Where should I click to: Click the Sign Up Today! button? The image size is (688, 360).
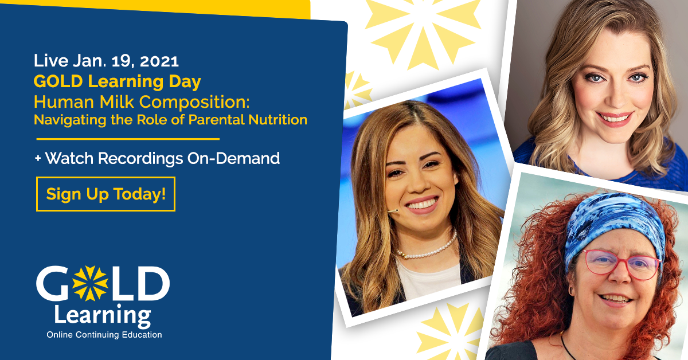[105, 194]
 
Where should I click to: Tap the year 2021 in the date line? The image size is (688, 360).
[159, 61]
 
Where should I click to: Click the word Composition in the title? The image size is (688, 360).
[194, 102]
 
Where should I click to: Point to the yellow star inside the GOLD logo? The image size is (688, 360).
[90, 283]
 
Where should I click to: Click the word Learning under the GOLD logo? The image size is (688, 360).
[103, 316]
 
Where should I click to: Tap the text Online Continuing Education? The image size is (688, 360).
[104, 335]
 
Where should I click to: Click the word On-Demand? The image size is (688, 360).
[233, 158]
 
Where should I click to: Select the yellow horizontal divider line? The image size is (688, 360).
[128, 139]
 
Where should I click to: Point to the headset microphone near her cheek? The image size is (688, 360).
[393, 211]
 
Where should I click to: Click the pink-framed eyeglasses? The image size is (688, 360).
[620, 264]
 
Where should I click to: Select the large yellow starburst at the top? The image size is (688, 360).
[423, 32]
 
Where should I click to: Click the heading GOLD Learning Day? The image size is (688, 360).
[118, 81]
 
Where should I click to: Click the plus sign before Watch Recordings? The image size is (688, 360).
[38, 158]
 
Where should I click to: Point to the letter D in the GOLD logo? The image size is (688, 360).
[153, 284]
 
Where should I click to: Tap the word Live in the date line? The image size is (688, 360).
[51, 61]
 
